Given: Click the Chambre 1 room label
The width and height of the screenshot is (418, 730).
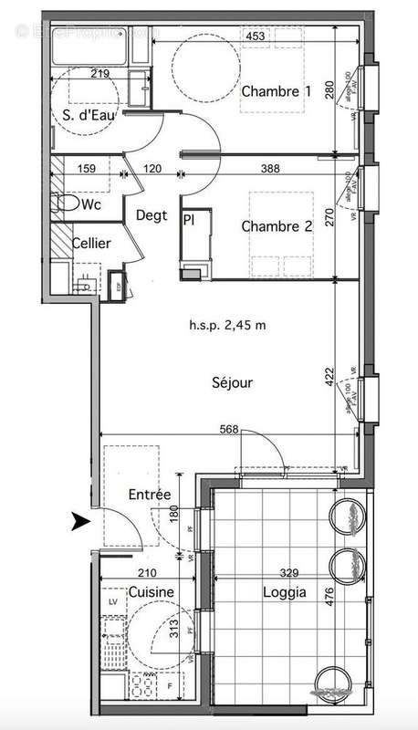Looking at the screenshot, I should [x=276, y=91].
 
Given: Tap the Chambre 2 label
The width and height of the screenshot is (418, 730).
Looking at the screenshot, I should [x=277, y=228].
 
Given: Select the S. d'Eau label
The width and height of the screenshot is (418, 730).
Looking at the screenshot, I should [x=81, y=115].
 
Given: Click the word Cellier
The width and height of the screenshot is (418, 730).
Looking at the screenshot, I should [x=92, y=244].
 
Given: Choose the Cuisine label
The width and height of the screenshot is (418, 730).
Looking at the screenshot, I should [x=151, y=592].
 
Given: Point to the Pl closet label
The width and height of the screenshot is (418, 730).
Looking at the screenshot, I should [x=189, y=220].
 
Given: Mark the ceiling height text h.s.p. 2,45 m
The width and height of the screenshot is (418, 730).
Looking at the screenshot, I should [x=226, y=325].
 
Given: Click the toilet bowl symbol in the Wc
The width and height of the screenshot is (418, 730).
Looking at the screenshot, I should [x=65, y=203].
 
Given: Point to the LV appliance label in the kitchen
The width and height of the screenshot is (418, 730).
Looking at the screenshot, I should [x=114, y=601].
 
